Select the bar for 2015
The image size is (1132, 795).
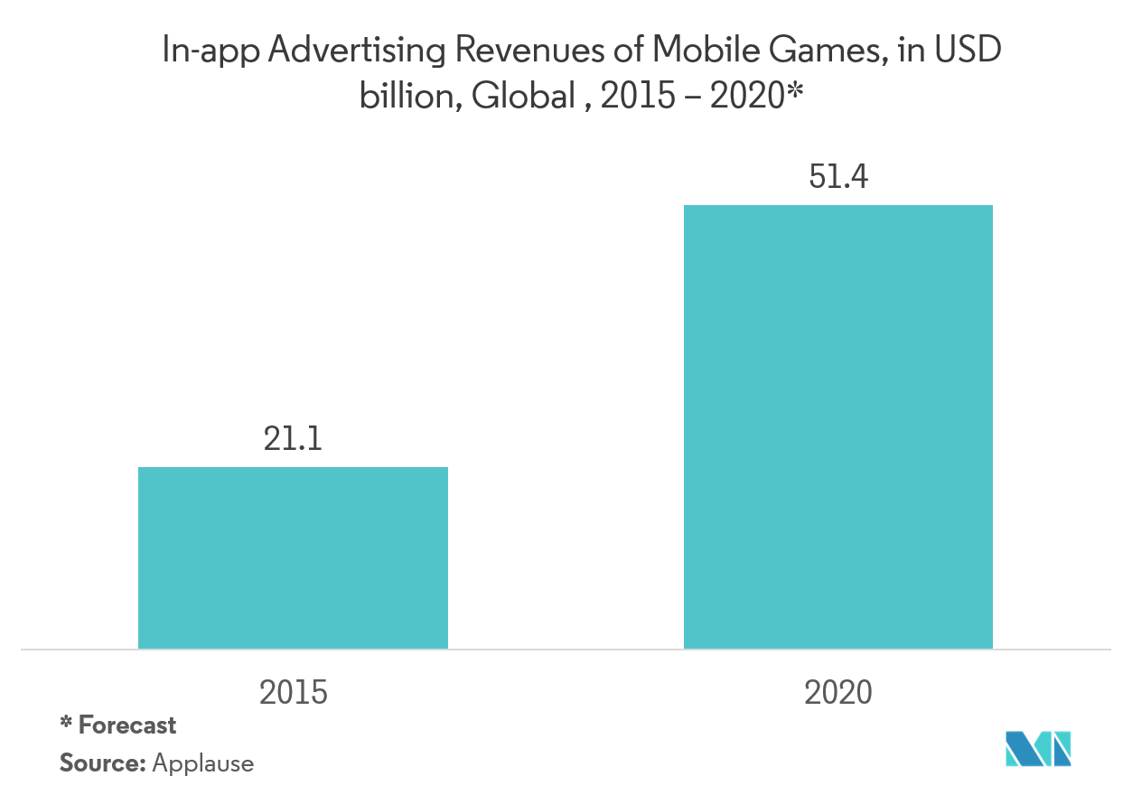coord(293,557)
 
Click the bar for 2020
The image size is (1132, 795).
coord(837,426)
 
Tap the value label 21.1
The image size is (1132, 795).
coord(293,440)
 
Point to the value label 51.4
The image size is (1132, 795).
coord(837,178)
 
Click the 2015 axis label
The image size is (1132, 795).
coord(293,693)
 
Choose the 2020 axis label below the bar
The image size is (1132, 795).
coord(837,693)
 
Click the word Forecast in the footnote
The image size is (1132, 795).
coord(127,725)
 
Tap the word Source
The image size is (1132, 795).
coord(102,763)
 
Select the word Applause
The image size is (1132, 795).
coord(203,764)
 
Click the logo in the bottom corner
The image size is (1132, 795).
coord(1039,748)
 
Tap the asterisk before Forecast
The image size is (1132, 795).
coord(65,724)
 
